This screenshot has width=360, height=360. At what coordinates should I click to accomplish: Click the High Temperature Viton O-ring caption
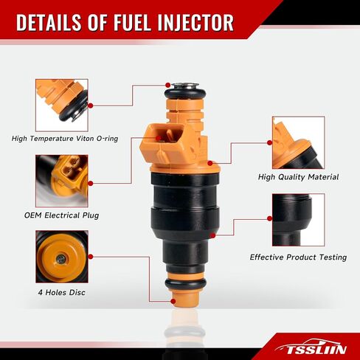(65, 139)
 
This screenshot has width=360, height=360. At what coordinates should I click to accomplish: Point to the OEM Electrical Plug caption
(62, 215)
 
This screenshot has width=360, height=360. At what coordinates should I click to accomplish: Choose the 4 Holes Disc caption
(62, 292)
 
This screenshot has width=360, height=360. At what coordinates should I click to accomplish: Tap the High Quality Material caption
(298, 177)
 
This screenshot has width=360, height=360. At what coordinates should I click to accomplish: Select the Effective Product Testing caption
(298, 257)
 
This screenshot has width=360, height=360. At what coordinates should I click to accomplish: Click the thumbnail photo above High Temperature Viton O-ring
(62, 105)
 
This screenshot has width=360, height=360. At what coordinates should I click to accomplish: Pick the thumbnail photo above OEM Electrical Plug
(62, 181)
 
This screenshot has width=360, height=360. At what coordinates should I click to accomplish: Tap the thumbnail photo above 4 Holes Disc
(62, 257)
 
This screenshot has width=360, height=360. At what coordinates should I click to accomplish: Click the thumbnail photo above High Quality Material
(298, 142)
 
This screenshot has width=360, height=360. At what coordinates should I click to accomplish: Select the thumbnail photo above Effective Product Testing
(298, 220)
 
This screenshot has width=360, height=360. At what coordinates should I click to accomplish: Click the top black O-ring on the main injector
(185, 94)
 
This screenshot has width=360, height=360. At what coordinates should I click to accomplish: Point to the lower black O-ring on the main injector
(185, 284)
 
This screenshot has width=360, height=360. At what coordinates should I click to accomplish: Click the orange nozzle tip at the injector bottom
(185, 298)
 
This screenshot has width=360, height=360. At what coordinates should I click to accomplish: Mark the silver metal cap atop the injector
(185, 86)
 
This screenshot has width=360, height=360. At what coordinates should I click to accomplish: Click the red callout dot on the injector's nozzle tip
(173, 301)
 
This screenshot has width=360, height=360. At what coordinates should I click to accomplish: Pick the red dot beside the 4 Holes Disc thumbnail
(91, 257)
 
